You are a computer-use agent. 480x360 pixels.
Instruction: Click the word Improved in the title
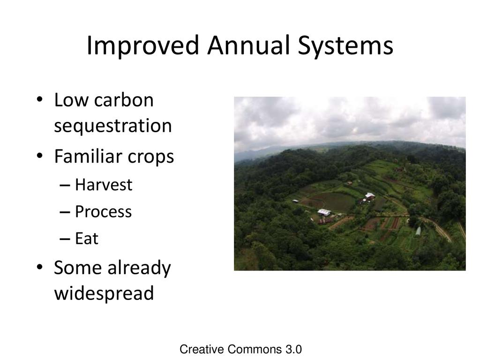(x=143, y=45)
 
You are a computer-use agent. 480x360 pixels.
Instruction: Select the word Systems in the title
(x=345, y=46)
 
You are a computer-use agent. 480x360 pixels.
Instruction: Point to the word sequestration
(x=113, y=126)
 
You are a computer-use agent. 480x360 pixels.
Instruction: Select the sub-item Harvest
(x=104, y=185)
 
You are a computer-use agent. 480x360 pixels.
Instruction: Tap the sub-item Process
(x=104, y=211)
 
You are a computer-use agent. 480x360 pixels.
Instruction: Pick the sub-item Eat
(x=87, y=238)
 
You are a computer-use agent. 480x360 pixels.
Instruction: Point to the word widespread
(x=104, y=293)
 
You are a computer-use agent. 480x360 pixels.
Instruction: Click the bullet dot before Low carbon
(x=39, y=100)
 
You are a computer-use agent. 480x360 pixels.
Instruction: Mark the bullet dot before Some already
(x=39, y=267)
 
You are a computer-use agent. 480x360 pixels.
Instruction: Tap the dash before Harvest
(x=65, y=186)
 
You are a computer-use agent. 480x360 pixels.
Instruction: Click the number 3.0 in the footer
(x=293, y=349)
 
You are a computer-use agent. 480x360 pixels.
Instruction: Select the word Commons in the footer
(x=255, y=349)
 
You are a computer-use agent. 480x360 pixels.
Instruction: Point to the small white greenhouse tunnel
(x=418, y=232)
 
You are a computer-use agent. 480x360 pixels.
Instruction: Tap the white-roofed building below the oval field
(x=324, y=212)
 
